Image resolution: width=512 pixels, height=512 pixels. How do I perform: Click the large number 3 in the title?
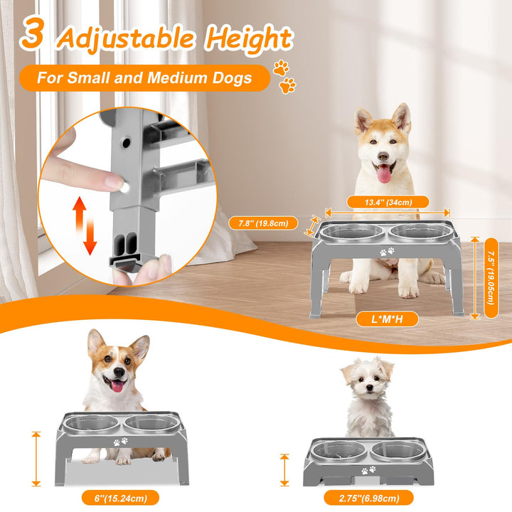[x=32, y=33]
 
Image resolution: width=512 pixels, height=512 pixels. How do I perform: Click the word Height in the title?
[x=248, y=39]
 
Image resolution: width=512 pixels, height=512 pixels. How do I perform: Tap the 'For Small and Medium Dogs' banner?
[x=144, y=78]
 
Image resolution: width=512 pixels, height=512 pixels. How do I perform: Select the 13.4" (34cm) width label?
[x=388, y=202]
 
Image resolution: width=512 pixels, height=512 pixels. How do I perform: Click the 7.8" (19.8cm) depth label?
[x=263, y=223]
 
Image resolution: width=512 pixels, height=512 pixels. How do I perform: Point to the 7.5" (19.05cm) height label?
[x=491, y=278]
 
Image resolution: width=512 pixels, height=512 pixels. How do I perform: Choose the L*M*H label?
[x=387, y=319]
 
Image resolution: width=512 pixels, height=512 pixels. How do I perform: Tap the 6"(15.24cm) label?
[x=120, y=498]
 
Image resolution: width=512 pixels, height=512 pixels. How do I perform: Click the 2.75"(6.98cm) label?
[x=369, y=498]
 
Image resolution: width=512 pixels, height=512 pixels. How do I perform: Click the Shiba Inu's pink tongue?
[x=384, y=174]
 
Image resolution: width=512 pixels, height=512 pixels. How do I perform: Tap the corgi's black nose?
[x=119, y=372]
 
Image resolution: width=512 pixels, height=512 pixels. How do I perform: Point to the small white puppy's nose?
[x=369, y=388]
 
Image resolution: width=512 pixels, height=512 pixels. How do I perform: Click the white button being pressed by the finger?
[x=125, y=187]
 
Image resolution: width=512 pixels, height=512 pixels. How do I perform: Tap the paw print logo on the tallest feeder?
[x=387, y=252]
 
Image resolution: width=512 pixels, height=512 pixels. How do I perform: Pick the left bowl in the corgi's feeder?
[x=91, y=424]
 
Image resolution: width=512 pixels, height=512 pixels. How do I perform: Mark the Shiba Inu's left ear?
[x=364, y=120]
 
